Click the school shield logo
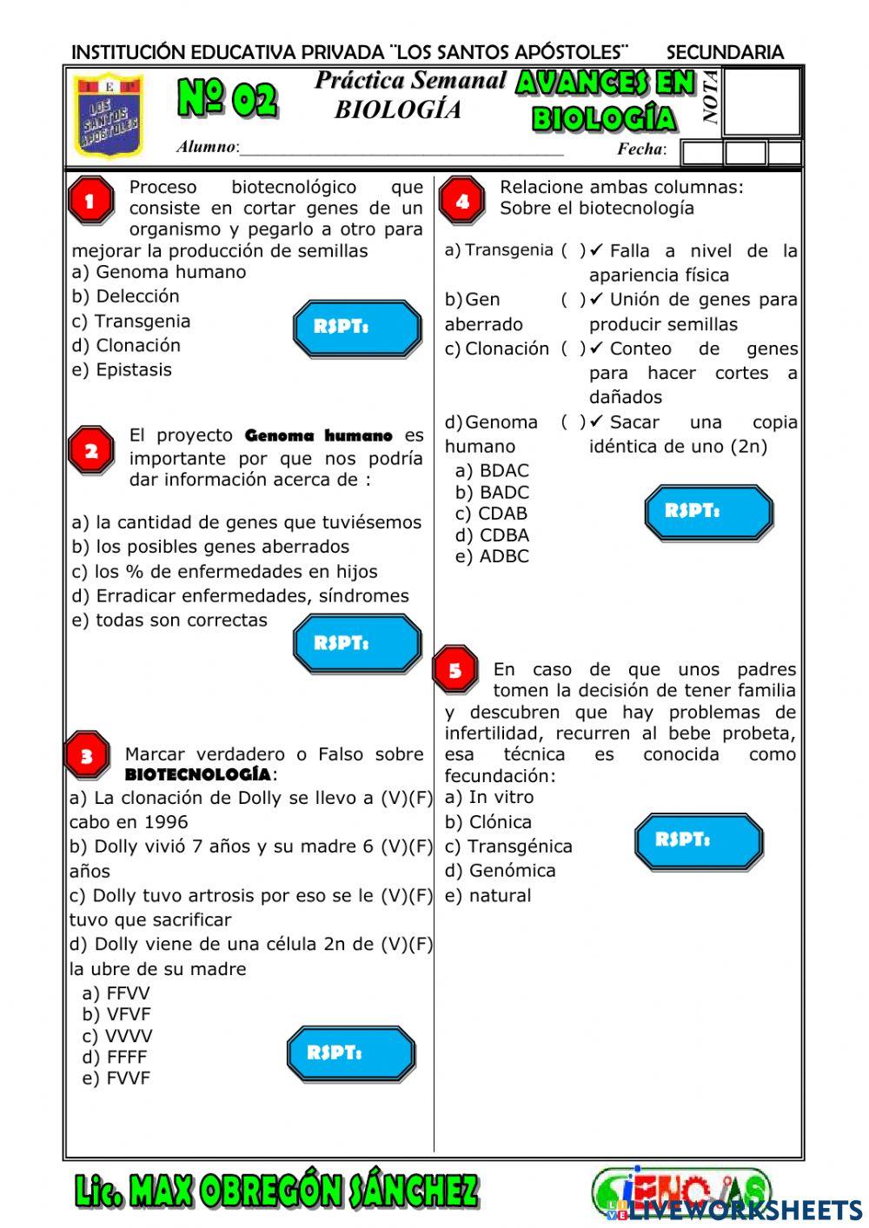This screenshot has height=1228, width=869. point(108,116)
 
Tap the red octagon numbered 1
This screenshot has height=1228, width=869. point(90,202)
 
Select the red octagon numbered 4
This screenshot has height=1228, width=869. point(462,202)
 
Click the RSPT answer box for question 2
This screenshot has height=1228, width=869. point(356,643)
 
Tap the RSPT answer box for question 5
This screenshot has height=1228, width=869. point(698,840)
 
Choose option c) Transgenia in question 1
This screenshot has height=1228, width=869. point(131,322)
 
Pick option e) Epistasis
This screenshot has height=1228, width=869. point(122,370)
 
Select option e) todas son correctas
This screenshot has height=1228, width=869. point(169,621)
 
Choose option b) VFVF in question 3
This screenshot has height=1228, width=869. point(116,1014)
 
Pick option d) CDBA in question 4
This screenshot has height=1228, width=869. point(492,535)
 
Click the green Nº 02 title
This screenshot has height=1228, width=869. point(228,99)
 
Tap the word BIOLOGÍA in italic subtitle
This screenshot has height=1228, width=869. point(398,110)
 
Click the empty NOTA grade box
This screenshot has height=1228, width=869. point(761,102)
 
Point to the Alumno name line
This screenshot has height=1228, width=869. point(400,149)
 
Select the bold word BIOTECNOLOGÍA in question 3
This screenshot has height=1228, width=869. point(198,774)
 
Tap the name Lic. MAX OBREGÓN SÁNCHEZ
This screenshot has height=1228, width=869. point(276,1191)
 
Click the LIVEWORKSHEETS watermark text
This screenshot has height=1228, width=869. point(746,1211)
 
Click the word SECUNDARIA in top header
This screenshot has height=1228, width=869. point(725,52)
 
